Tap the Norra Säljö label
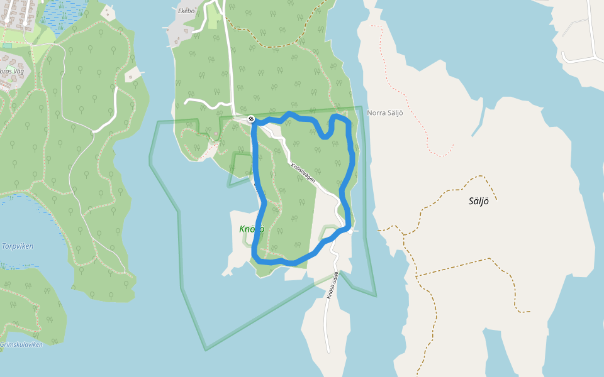[384, 113]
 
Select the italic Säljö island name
[478, 202]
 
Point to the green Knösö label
[251, 229]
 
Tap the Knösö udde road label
[332, 286]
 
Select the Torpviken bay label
[18, 246]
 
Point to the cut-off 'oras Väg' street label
[12, 72]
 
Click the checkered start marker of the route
[251, 119]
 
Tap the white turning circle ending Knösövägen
[350, 231]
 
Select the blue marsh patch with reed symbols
[63, 13]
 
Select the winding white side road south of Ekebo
[208, 102]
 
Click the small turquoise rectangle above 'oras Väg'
[7, 45]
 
